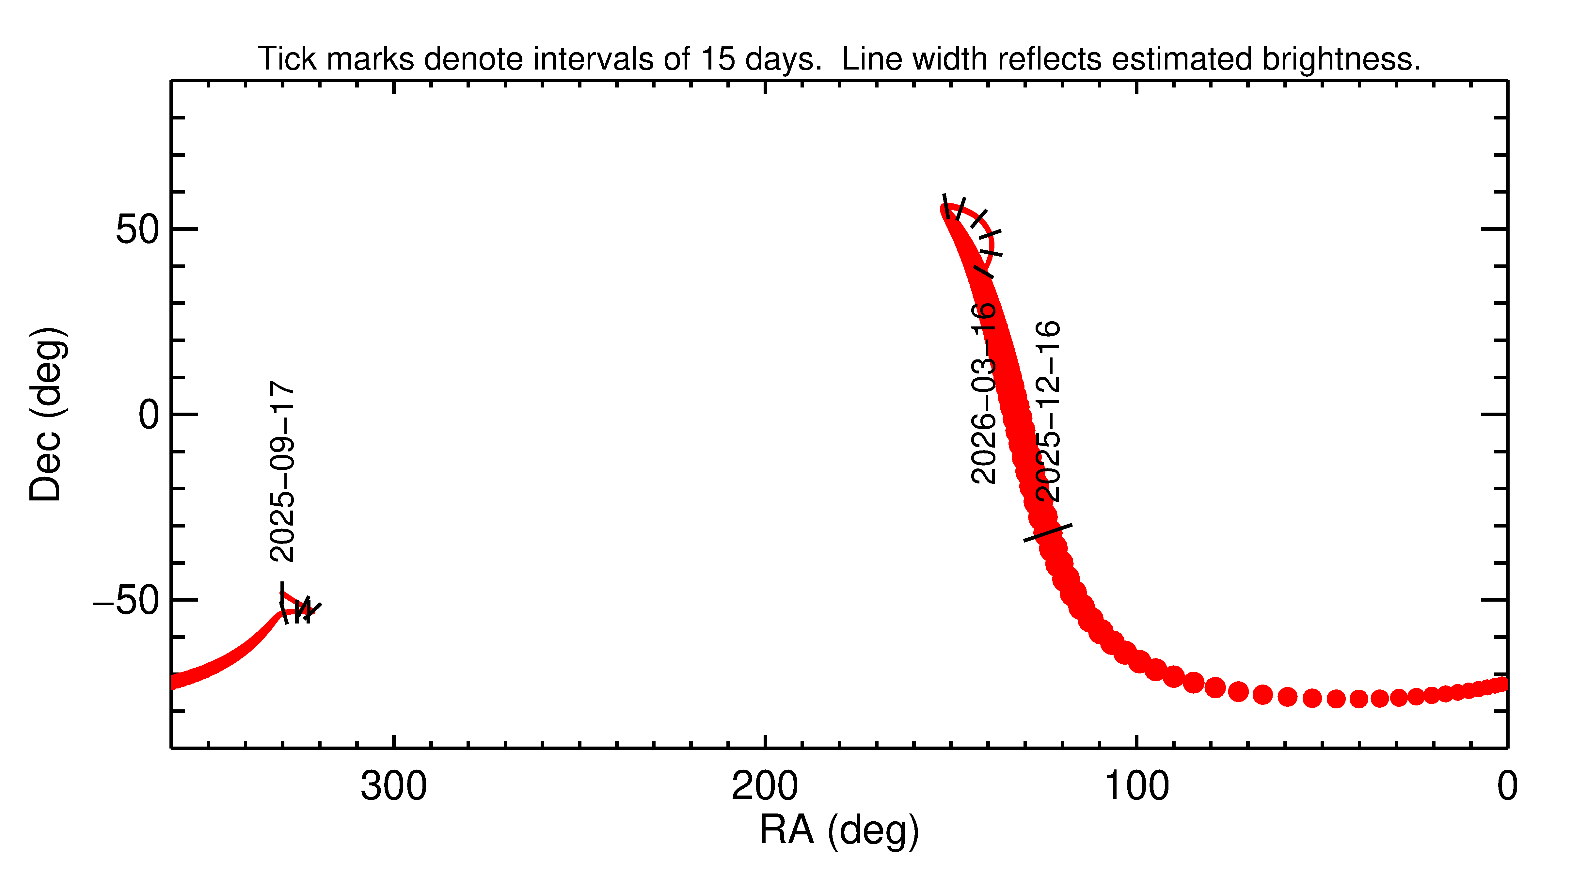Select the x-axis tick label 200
[x=765, y=787]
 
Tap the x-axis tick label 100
[x=1136, y=787]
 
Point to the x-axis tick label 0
[x=1507, y=787]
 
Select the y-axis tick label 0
[x=149, y=415]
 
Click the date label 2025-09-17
[x=282, y=471]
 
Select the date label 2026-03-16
[x=983, y=393]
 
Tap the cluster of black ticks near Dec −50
[x=302, y=610]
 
